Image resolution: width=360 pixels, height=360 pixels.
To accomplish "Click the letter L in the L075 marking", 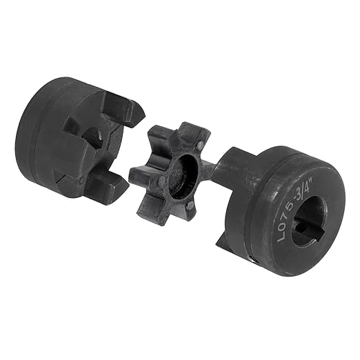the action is pos(281,237).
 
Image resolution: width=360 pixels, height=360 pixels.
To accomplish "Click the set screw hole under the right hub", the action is pos(253,260).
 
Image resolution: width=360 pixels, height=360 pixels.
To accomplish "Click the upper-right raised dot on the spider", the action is pos(199,145).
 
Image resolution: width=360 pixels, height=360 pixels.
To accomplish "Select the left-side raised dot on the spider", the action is pos(162,180).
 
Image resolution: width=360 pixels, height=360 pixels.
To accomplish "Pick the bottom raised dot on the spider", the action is pos(190,206).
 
